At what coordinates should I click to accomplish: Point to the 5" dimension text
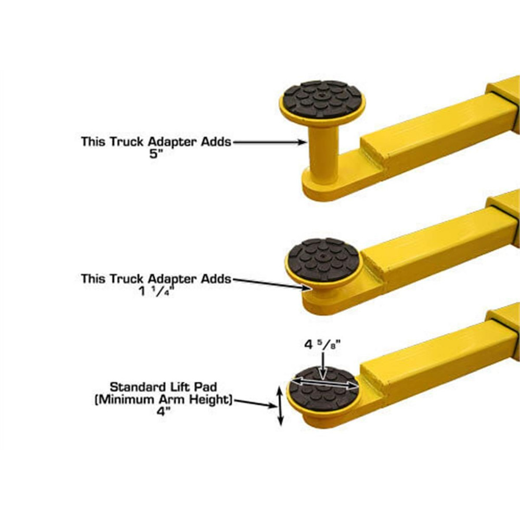click(155, 155)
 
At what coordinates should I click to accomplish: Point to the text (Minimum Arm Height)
click(170, 400)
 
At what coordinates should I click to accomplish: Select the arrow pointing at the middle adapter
click(270, 283)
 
